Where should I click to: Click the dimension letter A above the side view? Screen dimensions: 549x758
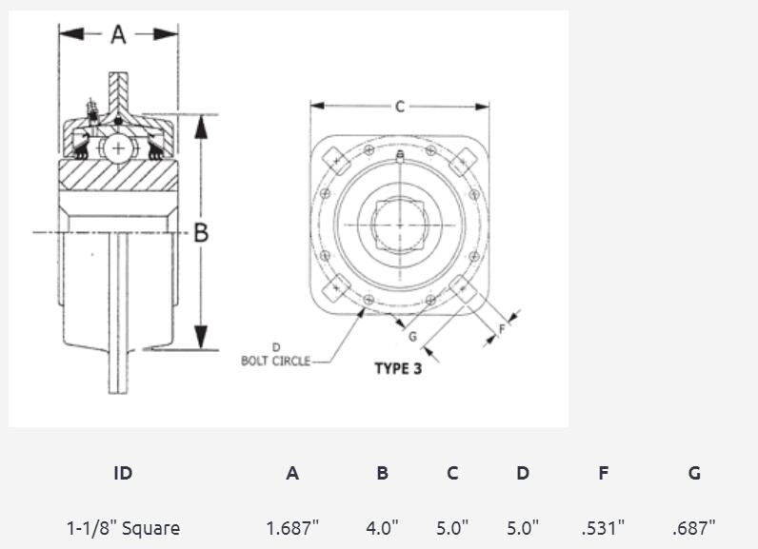point(118,34)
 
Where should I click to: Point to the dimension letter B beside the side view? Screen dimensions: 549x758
point(201,232)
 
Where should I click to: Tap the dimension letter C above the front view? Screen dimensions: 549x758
point(400,107)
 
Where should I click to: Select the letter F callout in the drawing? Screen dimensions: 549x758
point(502,329)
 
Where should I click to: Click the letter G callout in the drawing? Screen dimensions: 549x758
point(412,336)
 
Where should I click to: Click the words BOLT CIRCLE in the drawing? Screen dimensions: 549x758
point(275,361)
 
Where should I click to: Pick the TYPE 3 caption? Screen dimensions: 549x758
point(398,369)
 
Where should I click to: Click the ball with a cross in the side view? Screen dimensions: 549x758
point(118,148)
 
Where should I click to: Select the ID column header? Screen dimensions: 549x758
point(123,473)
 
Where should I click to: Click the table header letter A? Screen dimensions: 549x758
point(292,473)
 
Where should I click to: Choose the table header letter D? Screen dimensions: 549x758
point(523,473)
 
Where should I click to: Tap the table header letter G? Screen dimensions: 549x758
point(694,473)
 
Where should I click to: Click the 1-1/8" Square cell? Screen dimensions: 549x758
point(123,527)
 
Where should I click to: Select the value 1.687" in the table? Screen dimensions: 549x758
point(292,527)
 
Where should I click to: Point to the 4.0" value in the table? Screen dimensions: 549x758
point(382,527)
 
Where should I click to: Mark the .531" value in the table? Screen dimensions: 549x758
point(603,527)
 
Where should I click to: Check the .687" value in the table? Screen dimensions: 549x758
point(694,527)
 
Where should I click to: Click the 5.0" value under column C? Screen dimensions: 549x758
point(452,527)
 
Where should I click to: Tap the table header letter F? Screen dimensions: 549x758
point(603,473)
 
